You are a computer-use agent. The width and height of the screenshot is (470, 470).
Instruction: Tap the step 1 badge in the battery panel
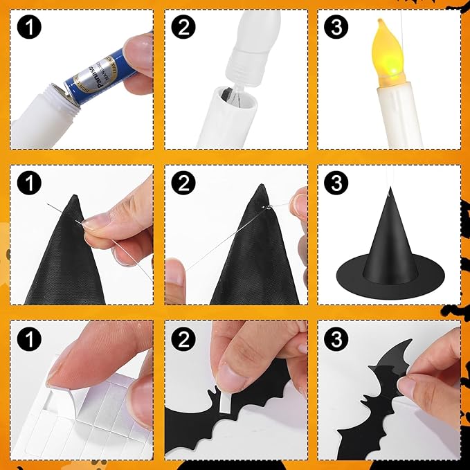(x=28, y=28)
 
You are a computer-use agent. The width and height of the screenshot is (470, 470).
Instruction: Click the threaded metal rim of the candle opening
(x=58, y=93)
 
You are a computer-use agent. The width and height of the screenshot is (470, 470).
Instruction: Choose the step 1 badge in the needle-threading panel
(x=28, y=183)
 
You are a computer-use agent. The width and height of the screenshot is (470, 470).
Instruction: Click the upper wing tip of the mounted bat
(x=406, y=342)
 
